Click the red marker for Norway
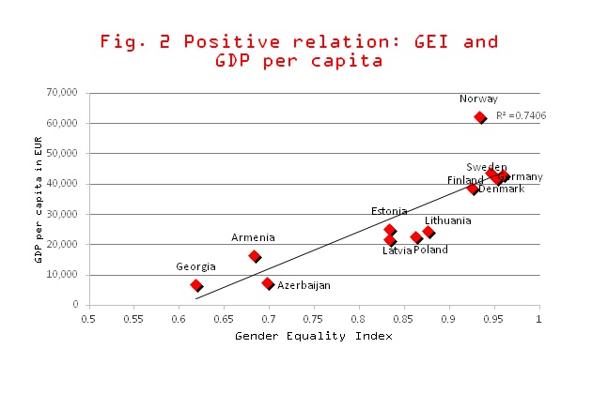[x=480, y=118]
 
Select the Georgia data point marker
[x=196, y=285]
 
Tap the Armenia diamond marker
[x=255, y=256]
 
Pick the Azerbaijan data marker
[x=268, y=283]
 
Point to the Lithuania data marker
[x=428, y=232]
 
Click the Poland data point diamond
[x=416, y=238]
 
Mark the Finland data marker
[x=474, y=189]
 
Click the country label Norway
[x=478, y=98]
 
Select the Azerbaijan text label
[x=304, y=285]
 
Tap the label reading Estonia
[x=389, y=211]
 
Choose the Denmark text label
[x=501, y=189]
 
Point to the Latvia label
[x=397, y=250]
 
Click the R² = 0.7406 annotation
[x=521, y=115]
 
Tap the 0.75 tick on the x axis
[x=314, y=319]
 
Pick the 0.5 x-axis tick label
[x=88, y=319]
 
